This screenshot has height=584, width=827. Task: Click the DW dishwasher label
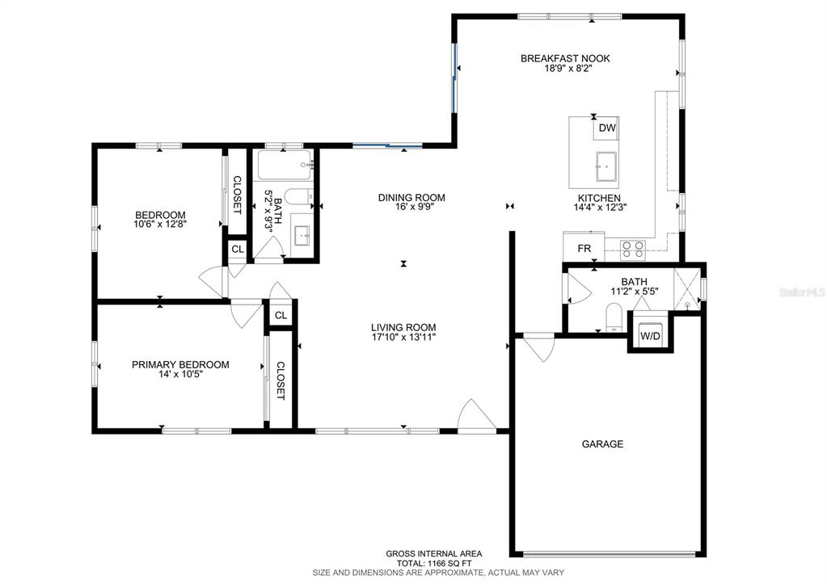[x=607, y=128]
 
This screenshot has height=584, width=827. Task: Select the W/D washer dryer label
[x=650, y=336]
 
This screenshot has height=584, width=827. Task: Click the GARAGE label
[x=602, y=444]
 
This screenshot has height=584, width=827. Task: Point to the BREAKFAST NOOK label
[x=565, y=58]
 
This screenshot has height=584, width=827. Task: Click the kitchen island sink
[x=606, y=166]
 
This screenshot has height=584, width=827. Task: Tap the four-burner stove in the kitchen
[x=632, y=250]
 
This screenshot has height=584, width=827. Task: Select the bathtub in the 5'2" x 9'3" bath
[x=285, y=165]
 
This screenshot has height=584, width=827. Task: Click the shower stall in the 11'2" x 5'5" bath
[x=687, y=289]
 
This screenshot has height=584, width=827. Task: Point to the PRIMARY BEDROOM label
[x=180, y=365]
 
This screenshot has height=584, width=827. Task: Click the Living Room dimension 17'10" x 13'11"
[x=403, y=337]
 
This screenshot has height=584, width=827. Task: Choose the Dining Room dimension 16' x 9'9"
[x=412, y=207]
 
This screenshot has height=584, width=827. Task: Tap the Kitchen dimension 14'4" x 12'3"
[x=600, y=207]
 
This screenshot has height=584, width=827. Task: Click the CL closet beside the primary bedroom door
[x=281, y=315]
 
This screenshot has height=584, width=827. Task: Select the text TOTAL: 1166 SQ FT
[x=434, y=563]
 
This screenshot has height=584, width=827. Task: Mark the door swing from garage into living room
[x=539, y=347]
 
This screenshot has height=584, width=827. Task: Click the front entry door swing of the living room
[x=475, y=416]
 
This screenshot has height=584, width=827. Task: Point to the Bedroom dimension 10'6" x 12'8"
[x=160, y=224]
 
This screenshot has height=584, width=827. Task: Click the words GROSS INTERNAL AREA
[x=434, y=554]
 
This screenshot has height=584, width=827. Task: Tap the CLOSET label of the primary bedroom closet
[x=280, y=380]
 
